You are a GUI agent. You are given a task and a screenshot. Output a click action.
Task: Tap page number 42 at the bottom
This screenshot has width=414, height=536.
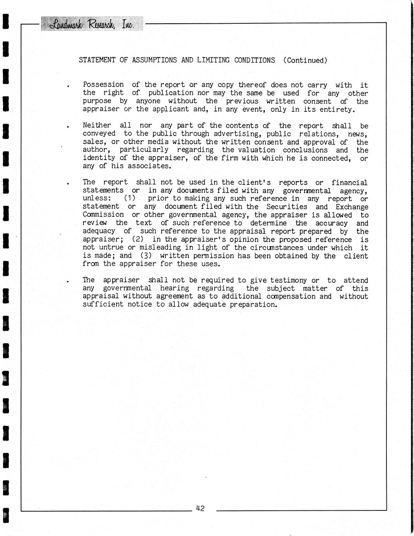point(200,508)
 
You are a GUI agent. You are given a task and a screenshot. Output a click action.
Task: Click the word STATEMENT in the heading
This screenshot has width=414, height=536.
point(97,60)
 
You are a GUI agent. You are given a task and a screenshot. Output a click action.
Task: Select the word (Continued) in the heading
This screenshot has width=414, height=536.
point(305,60)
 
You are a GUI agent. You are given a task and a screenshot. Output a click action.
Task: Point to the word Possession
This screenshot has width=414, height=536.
point(103,85)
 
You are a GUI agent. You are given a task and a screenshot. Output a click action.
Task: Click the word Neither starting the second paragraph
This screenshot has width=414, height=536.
point(97,125)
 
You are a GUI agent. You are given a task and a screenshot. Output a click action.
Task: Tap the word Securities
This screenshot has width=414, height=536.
point(287,207)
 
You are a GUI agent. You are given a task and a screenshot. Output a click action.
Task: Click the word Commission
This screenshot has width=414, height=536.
point(103,215)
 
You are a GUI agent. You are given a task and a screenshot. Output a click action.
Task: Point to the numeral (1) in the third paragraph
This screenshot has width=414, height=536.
point(129,198)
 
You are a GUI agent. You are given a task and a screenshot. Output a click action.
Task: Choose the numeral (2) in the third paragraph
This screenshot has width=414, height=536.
point(137,239)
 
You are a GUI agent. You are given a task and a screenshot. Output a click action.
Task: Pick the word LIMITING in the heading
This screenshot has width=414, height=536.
point(213,60)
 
